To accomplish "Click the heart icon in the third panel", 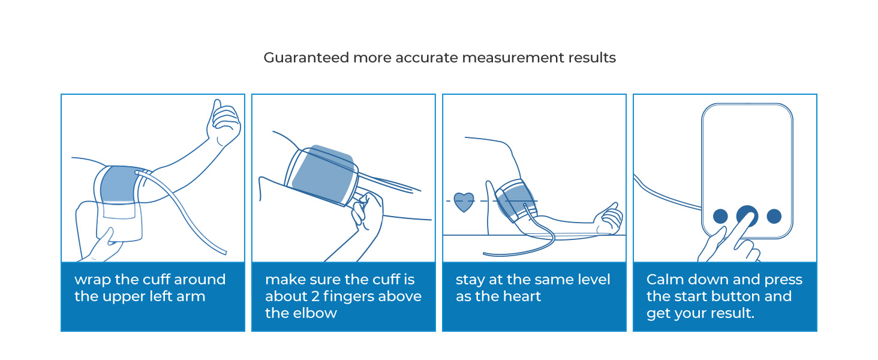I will point(463,202).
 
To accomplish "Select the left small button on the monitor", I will point(720,217).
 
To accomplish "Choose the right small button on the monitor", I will point(774,217).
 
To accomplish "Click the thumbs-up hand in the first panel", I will point(223,123).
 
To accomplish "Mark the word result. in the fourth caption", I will point(733,313).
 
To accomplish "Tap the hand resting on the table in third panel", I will point(607,218).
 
